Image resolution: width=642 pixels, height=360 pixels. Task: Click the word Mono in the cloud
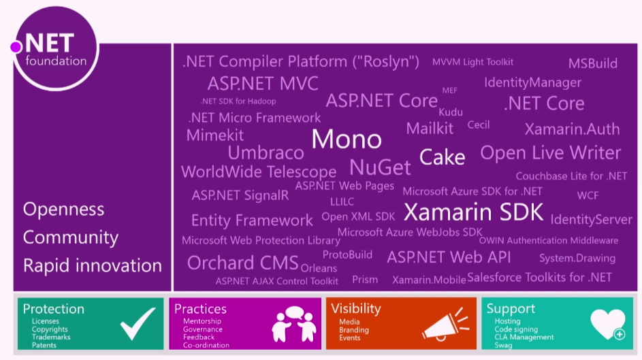click(x=347, y=139)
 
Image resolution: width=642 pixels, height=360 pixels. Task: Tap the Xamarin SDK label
click(x=473, y=212)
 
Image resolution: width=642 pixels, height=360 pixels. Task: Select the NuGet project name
click(x=380, y=167)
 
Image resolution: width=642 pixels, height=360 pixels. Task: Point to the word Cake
click(x=442, y=158)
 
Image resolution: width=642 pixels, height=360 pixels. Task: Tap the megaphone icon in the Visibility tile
click(x=445, y=323)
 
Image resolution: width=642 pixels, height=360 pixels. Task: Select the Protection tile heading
click(x=54, y=309)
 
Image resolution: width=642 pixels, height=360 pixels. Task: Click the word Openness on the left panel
click(x=64, y=209)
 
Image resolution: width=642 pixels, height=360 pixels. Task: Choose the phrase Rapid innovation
click(x=93, y=265)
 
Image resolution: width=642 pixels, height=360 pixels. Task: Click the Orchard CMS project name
click(x=242, y=263)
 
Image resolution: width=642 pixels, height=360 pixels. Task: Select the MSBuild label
click(x=593, y=64)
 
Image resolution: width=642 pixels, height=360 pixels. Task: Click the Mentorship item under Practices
click(x=202, y=321)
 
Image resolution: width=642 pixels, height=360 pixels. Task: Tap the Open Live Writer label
click(x=550, y=152)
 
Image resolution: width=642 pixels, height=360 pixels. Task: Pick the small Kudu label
click(x=451, y=112)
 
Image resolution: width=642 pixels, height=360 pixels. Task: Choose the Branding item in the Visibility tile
click(x=355, y=330)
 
